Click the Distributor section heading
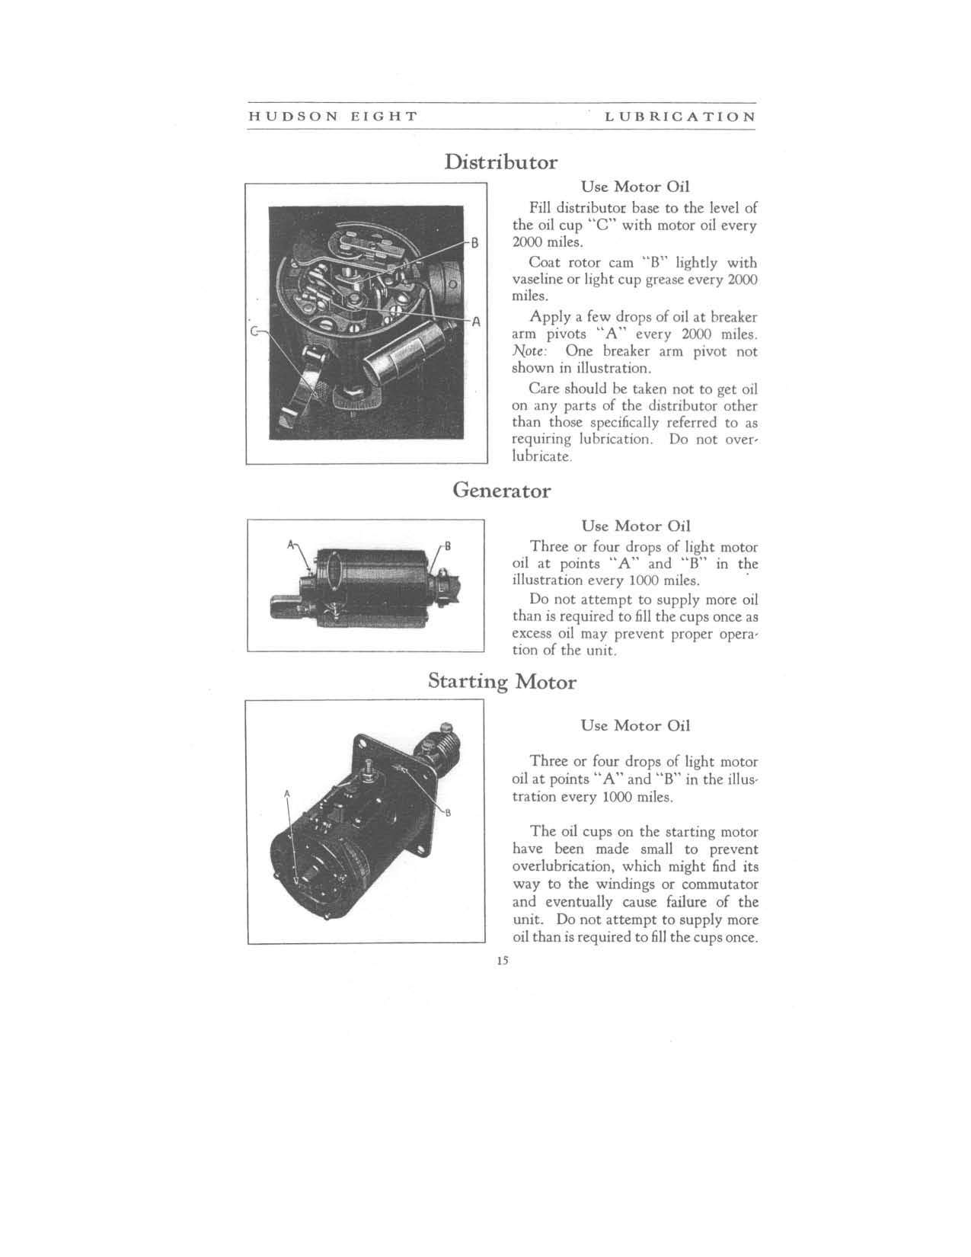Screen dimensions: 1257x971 (x=500, y=162)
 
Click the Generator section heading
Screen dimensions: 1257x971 (x=501, y=490)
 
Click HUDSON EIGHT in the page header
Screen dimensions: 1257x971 (x=333, y=117)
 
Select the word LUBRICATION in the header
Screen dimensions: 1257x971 (x=680, y=117)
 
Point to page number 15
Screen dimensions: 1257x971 (x=501, y=961)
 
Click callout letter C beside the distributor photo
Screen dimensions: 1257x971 (x=255, y=331)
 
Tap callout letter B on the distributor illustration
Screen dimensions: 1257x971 (x=474, y=245)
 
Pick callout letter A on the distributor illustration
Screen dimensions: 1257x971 (x=474, y=321)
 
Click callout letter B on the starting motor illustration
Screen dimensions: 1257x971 (x=449, y=812)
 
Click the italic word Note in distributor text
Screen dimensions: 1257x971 (x=527, y=351)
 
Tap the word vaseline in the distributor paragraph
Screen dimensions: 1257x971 (x=535, y=280)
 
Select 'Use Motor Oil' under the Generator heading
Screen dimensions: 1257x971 (x=635, y=526)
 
